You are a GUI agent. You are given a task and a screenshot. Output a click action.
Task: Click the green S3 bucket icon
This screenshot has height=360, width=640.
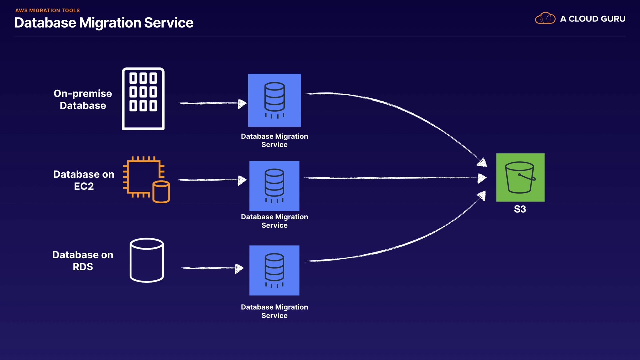point(520,177)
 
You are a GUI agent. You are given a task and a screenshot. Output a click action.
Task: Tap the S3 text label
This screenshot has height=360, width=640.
point(520,209)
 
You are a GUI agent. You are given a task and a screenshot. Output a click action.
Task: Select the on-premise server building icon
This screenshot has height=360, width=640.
point(143,99)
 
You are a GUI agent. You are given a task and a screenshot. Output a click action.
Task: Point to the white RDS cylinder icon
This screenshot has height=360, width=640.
point(147,260)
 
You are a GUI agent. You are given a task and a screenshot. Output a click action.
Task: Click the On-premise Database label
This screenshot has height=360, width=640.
point(83,99)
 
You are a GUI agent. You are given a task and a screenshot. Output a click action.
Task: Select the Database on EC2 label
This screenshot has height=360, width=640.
point(84,180)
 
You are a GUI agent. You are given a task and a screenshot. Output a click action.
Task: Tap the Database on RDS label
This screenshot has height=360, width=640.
point(83,261)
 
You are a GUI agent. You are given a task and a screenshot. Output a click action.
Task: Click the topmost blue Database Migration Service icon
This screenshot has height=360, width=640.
point(274,100)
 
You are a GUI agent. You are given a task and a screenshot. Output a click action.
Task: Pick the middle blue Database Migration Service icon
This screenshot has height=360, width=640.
point(274,186)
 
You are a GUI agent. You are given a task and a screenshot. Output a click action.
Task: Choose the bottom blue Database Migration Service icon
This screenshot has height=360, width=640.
point(274,270)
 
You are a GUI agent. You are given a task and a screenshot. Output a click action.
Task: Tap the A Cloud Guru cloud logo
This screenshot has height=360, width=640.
point(545,18)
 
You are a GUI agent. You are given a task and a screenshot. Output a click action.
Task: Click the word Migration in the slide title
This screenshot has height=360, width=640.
point(110,23)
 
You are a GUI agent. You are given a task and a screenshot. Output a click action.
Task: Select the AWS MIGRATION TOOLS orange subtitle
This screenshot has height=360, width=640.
point(47,10)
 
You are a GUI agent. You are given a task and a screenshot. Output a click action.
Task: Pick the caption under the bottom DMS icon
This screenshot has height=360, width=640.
point(274,311)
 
